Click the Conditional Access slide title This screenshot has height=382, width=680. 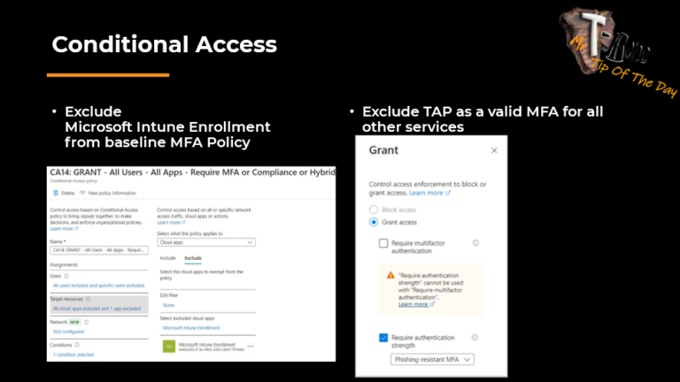(164, 44)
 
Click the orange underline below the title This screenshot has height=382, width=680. (107, 75)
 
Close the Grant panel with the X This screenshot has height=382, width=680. (494, 150)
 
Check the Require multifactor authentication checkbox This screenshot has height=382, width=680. (383, 243)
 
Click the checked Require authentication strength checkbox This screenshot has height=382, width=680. (383, 338)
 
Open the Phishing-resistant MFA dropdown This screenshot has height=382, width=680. (431, 359)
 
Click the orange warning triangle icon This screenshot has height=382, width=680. (390, 275)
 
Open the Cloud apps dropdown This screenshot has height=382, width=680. (205, 241)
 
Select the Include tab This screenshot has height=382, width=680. (166, 257)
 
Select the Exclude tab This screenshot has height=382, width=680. (192, 257)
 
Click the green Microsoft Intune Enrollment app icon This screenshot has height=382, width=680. (167, 347)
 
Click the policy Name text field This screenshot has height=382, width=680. (97, 250)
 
